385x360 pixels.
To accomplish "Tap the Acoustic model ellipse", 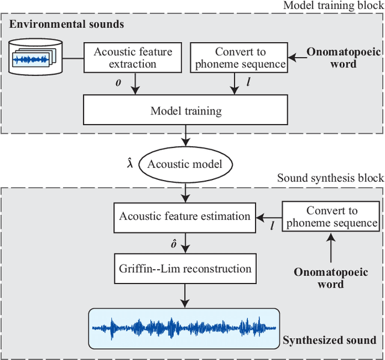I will click(x=185, y=164).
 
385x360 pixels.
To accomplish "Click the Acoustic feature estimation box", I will click(x=185, y=216).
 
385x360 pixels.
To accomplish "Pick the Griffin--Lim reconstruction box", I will click(x=185, y=268).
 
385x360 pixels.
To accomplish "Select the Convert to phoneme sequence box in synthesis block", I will click(x=331, y=217).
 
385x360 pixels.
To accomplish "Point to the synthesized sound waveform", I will click(x=184, y=328).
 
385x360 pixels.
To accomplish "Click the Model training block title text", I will click(x=333, y=5).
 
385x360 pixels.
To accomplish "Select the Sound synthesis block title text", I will click(x=330, y=178).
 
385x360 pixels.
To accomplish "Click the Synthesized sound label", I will click(x=329, y=340).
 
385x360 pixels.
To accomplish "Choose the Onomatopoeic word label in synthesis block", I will click(x=330, y=278).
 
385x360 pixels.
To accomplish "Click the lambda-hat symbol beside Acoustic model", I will click(x=129, y=163).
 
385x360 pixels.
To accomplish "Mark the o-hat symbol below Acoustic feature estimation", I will click(x=174, y=244).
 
